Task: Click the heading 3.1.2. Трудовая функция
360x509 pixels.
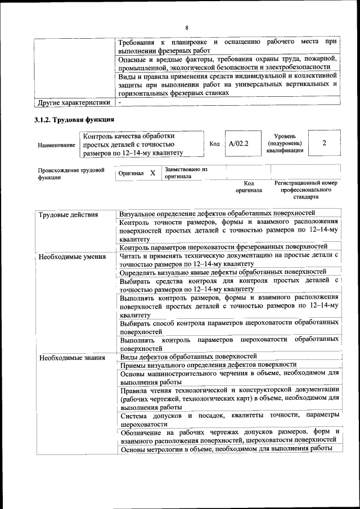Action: point(74,120)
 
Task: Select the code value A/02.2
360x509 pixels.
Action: point(238,144)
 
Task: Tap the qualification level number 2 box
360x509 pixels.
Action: point(324,143)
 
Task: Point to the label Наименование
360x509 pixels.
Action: point(56,145)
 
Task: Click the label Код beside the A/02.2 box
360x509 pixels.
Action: point(214,144)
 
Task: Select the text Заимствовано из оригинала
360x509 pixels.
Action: point(186,173)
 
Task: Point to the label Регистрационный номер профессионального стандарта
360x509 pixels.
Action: point(305,190)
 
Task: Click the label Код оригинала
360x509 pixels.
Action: point(249,187)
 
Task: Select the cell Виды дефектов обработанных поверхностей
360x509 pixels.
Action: point(188,356)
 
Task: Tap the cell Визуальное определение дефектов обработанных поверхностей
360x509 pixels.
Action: point(217,213)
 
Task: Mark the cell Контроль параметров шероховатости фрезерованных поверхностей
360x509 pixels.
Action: point(223,246)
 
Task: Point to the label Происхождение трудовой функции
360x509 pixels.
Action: point(71,173)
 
